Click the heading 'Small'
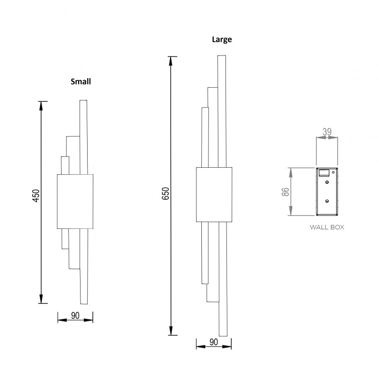(x=81, y=81)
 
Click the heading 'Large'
(x=222, y=40)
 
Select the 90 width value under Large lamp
(x=213, y=342)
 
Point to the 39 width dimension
(x=327, y=133)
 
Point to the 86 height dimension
(x=285, y=191)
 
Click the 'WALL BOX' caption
(x=327, y=227)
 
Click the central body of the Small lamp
(x=75, y=201)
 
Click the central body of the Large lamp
(x=214, y=194)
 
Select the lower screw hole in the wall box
(x=327, y=201)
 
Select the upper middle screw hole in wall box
(x=327, y=181)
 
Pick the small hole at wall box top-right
(x=334, y=171)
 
